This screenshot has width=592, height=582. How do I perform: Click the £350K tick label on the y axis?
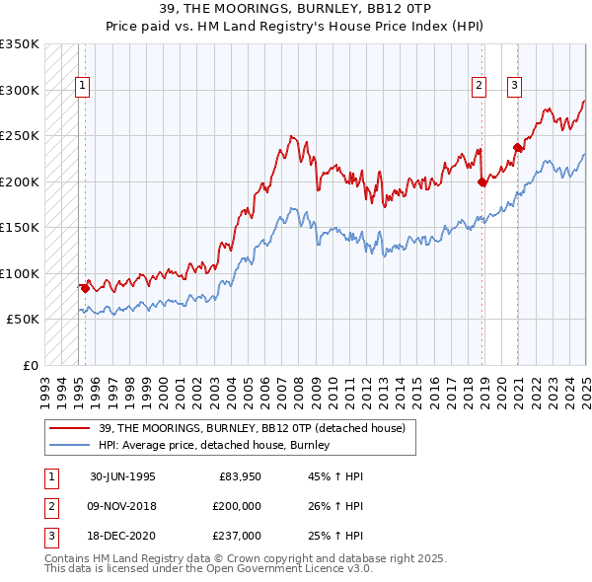click(x=20, y=44)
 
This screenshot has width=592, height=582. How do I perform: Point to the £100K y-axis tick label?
click(x=20, y=273)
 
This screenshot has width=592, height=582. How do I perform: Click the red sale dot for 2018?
click(x=482, y=182)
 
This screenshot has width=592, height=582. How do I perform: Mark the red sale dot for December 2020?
click(x=518, y=148)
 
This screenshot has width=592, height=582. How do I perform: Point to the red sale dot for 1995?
click(x=85, y=288)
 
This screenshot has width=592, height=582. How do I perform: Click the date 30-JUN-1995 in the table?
click(x=123, y=476)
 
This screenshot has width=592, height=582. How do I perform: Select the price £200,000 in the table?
click(x=237, y=506)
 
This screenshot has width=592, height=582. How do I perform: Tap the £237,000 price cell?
click(x=237, y=536)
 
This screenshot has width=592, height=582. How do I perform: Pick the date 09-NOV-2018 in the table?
click(x=123, y=506)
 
